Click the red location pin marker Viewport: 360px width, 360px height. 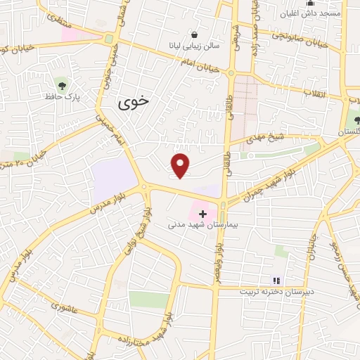(181, 165)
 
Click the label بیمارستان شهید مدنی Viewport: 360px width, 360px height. (205, 226)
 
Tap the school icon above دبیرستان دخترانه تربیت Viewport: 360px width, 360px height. (276, 280)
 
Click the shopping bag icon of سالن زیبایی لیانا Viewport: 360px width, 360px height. (194, 34)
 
